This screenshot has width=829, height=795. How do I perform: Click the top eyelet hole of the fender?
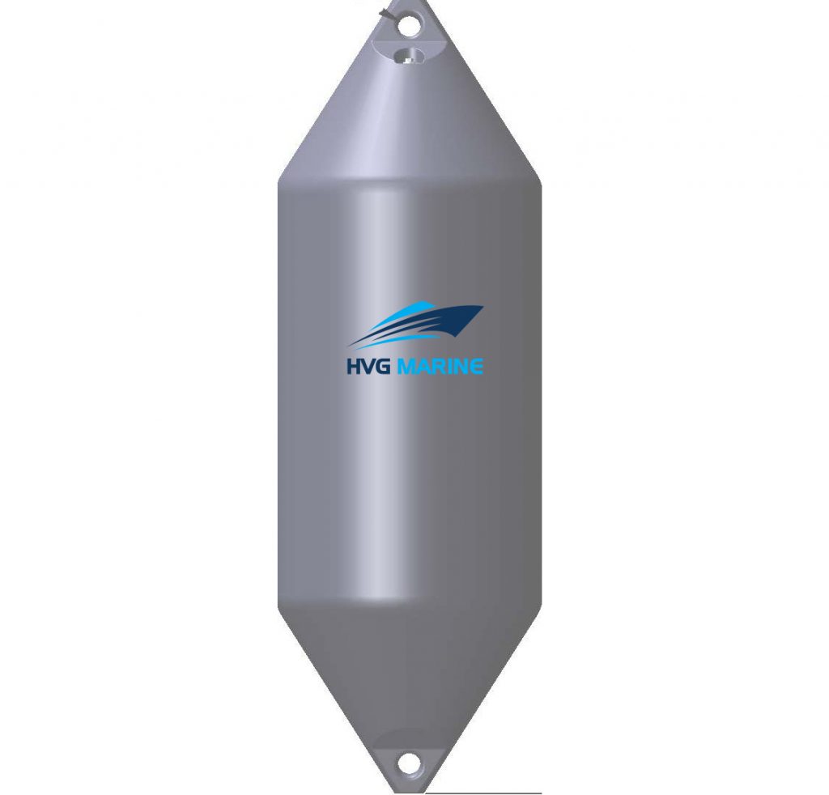coord(410,26)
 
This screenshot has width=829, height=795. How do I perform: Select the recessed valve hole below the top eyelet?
coord(410,55)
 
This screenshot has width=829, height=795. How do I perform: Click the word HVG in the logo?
coord(368,367)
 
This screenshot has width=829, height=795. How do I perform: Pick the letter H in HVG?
coord(354,367)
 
